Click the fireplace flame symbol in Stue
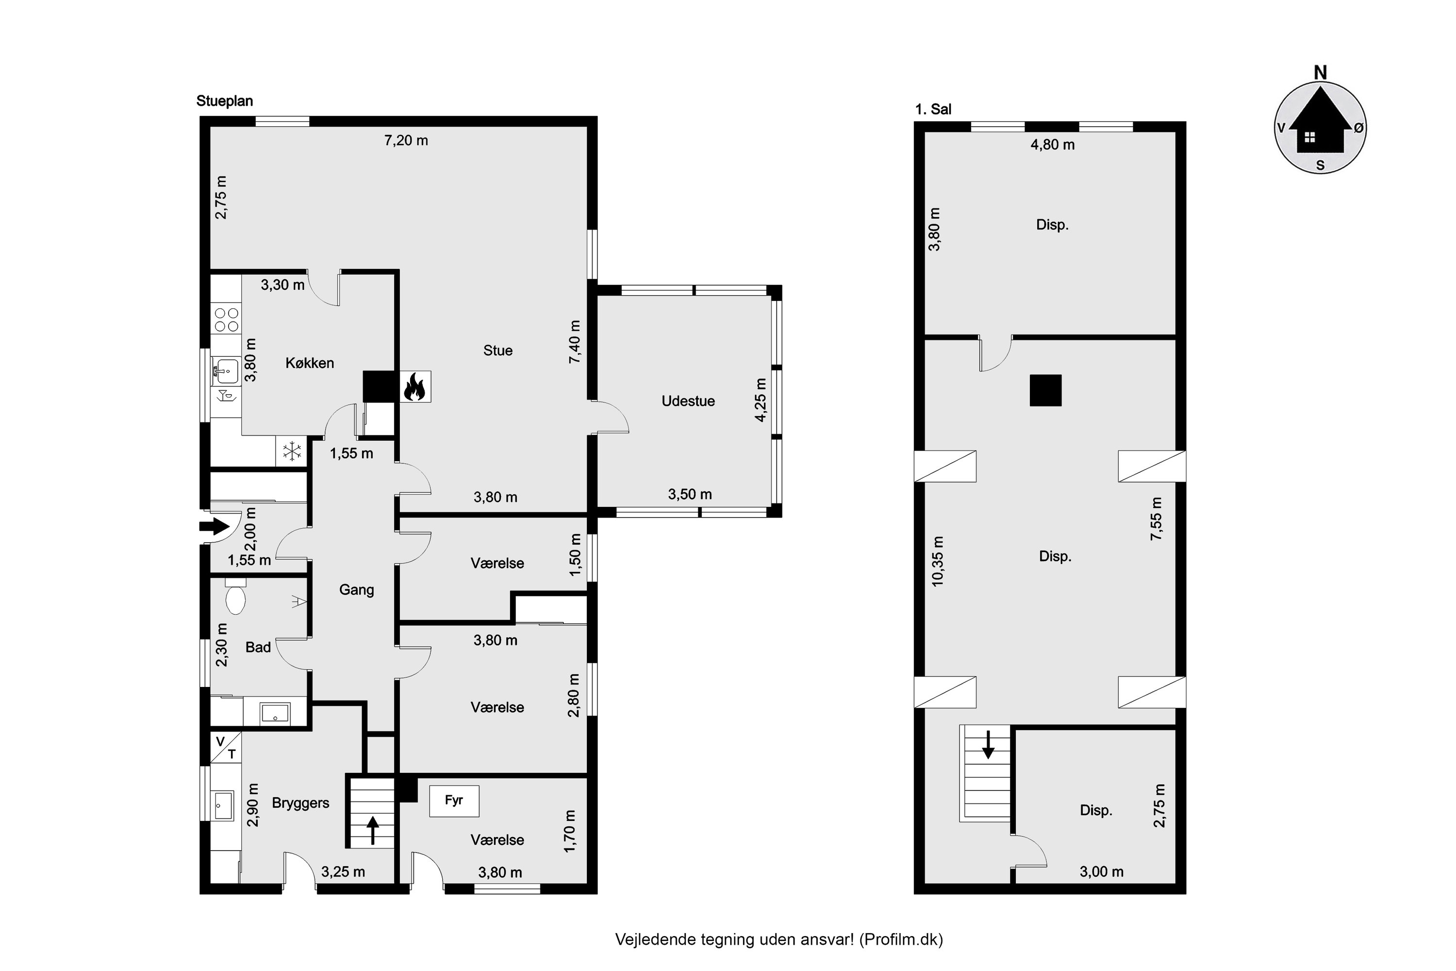[415, 387]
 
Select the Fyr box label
[454, 800]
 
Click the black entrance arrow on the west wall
[214, 526]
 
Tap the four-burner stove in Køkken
[226, 319]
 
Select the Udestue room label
[688, 402]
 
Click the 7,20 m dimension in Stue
[406, 141]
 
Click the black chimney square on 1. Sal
[1045, 391]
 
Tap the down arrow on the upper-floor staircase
[988, 744]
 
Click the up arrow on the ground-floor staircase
[373, 830]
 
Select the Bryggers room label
[300, 803]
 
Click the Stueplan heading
[225, 101]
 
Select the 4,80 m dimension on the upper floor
[1052, 145]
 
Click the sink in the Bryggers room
[222, 805]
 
